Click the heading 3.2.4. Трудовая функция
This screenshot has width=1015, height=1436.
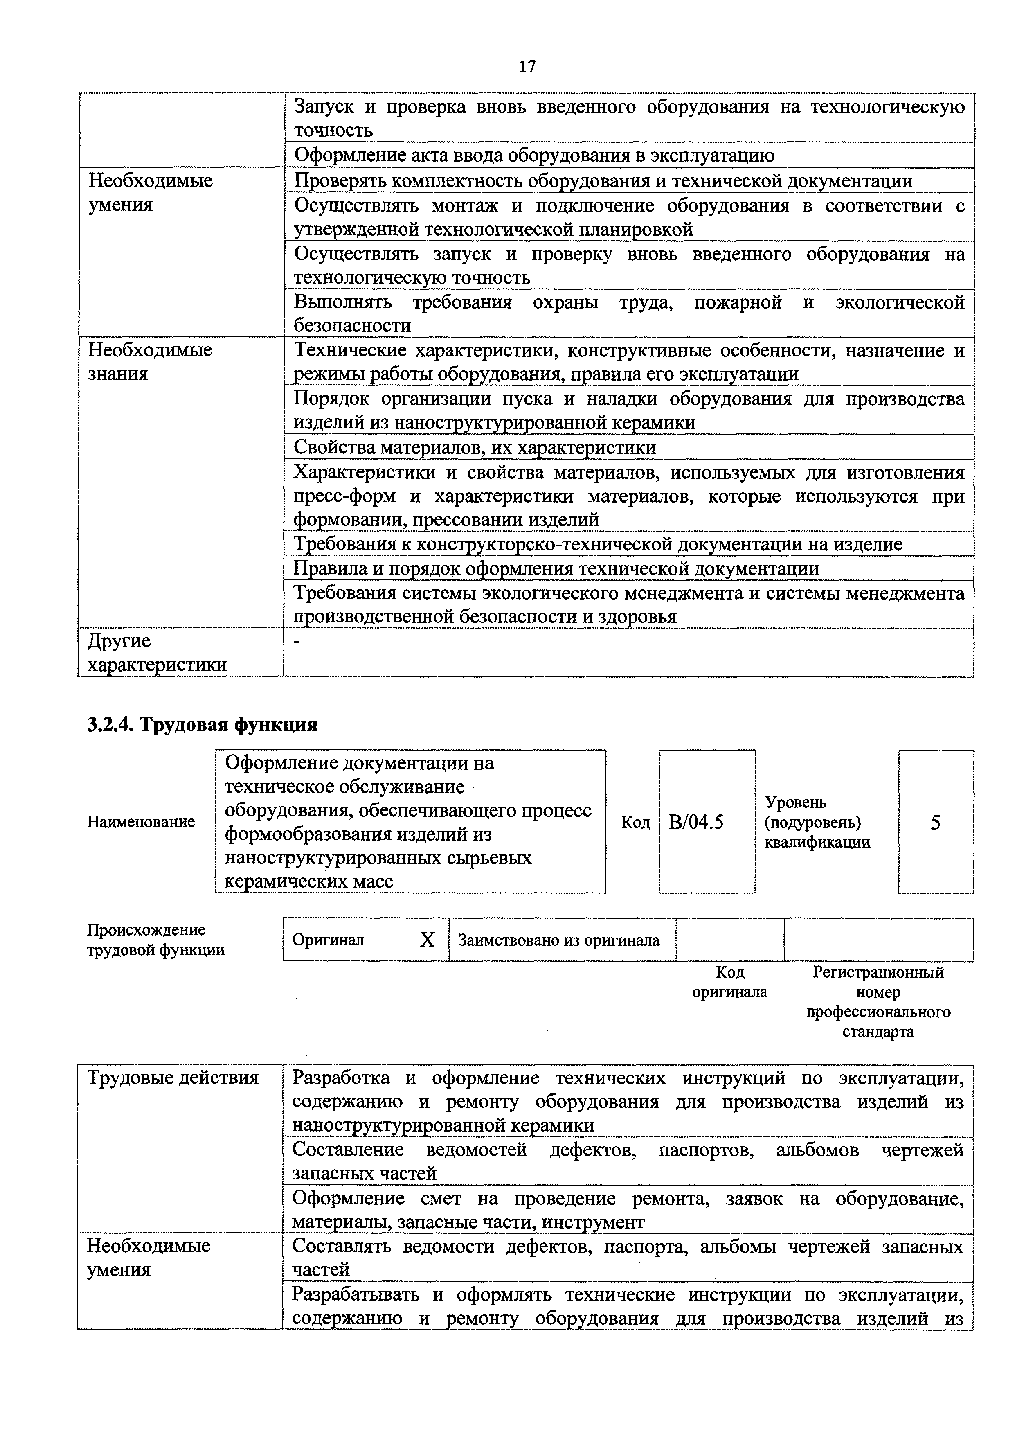pos(202,724)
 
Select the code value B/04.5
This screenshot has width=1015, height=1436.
pos(695,822)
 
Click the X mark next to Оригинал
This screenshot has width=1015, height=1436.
pos(427,940)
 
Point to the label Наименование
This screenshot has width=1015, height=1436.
pos(141,822)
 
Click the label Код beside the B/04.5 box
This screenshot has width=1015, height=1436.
pos(635,822)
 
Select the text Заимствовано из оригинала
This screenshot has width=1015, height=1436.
pos(558,940)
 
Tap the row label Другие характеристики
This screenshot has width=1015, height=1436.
pos(156,652)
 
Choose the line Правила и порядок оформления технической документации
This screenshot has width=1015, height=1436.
pos(556,568)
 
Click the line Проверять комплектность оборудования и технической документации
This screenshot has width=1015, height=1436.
pos(603,181)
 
